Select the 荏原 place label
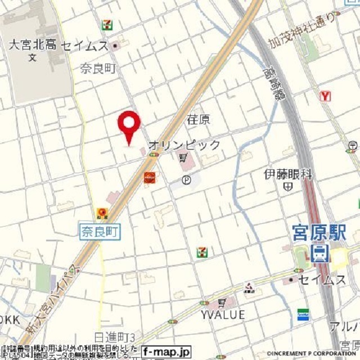(x=198, y=120)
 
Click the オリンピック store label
(x=184, y=145)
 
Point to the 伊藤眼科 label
(x=288, y=174)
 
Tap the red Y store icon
(x=325, y=96)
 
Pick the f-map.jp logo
(x=166, y=350)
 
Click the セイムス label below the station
(x=322, y=280)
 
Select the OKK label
(x=10, y=319)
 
